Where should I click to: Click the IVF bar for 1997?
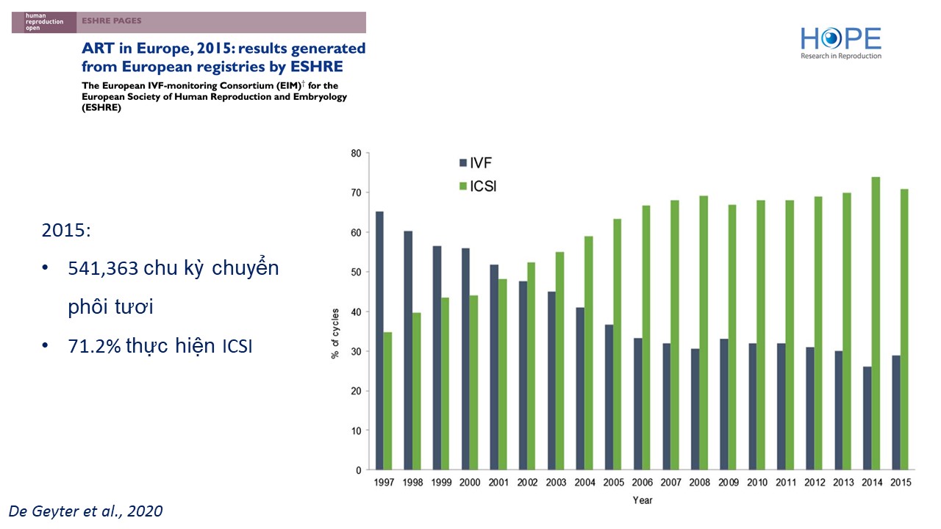tap(379, 340)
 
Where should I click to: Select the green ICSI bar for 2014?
tap(876, 323)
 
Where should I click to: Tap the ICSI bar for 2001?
tap(504, 374)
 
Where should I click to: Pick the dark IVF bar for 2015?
tap(895, 412)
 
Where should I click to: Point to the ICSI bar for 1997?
tap(387, 400)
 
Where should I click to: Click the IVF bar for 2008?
tap(695, 409)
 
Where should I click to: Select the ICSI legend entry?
tap(482, 186)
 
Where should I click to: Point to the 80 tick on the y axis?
tap(356, 154)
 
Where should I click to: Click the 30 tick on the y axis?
tap(356, 351)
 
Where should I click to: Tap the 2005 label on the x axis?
tap(612, 482)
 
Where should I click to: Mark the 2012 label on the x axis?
tap(815, 482)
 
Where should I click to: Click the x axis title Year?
tap(642, 500)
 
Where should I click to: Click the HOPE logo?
tap(840, 43)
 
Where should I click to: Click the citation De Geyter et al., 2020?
tap(85, 511)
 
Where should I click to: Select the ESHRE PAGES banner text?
tap(112, 21)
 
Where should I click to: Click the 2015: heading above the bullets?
tap(65, 230)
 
